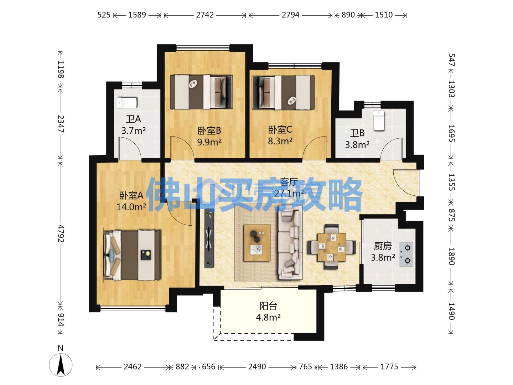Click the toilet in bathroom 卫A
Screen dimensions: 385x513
[127, 103]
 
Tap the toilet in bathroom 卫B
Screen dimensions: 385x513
[378, 120]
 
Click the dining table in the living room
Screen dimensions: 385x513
[332, 247]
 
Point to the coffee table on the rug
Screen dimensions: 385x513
[257, 243]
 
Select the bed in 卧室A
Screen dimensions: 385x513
[132, 255]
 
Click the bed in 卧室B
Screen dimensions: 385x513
[201, 92]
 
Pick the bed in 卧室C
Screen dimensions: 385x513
[283, 92]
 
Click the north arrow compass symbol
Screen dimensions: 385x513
[61, 364]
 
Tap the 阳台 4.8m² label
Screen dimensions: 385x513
[268, 312]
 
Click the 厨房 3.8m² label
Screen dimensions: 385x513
[383, 252]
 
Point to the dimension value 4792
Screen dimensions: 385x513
[61, 233]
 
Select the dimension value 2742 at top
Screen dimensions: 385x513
[205, 15]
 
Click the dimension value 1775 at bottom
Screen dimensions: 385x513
[389, 367]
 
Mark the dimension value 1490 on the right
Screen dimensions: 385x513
[451, 311]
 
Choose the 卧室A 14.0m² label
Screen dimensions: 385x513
[131, 201]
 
